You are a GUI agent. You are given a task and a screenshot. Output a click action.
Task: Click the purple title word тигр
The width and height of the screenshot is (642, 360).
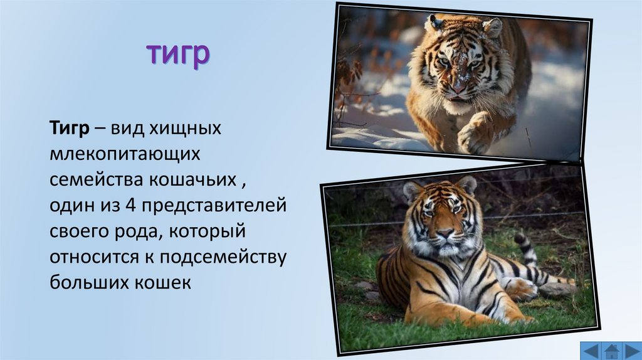[178, 55]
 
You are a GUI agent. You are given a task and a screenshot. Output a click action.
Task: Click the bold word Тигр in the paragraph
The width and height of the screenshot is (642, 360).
[70, 128]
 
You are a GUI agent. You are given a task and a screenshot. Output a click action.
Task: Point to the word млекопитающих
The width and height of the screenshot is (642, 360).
[125, 154]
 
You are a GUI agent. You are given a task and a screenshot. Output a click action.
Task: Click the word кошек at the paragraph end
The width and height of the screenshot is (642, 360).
[166, 283]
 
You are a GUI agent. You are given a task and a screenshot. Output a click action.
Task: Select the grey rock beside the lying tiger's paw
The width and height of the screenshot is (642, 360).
[555, 289]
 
